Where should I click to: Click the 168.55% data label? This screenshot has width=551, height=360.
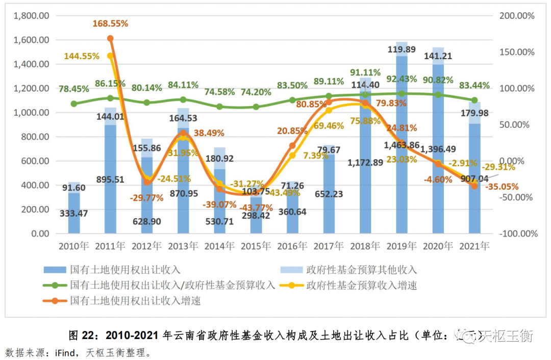click(110, 23)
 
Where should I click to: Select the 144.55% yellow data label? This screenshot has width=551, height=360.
click(82, 56)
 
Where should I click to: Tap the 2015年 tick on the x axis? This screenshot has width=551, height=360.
click(256, 246)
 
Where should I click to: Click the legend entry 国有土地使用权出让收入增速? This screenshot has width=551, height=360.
click(135, 301)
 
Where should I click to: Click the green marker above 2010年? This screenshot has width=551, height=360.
click(74, 104)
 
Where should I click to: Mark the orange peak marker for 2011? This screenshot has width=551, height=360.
click(110, 38)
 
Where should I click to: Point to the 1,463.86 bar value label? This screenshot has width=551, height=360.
click(401, 145)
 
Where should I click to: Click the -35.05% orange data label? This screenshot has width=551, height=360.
click(502, 187)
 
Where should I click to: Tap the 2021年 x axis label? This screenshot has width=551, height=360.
click(474, 246)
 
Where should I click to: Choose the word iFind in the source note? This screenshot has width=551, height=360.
click(66, 352)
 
